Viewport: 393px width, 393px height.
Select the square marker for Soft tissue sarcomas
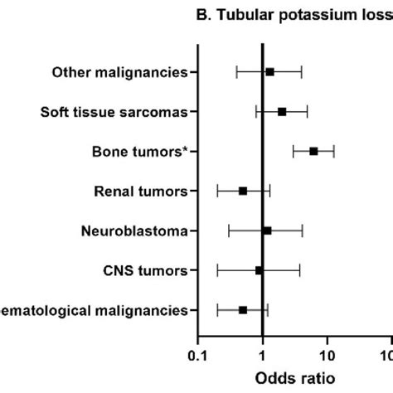282,111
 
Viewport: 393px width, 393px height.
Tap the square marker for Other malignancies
269,72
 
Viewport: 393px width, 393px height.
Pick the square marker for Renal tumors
243,191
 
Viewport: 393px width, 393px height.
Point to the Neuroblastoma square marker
267,230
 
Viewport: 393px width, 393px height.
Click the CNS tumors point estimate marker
260,270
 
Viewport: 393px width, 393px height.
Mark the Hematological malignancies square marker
243,309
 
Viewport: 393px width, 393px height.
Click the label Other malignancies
119,72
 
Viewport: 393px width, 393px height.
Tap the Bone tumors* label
139,151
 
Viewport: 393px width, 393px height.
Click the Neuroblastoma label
134,230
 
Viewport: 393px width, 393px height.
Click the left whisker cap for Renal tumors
217,191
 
